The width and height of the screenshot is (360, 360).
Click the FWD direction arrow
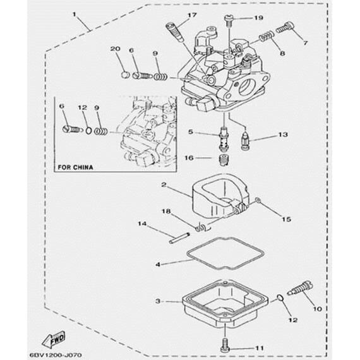coord(54,340)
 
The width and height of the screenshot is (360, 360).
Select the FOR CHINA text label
coord(75,167)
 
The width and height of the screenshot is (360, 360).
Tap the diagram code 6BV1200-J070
coord(56,355)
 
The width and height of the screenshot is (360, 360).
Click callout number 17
coord(192,15)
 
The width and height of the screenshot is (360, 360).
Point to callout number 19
coord(258,18)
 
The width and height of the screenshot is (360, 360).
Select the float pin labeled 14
coord(179,238)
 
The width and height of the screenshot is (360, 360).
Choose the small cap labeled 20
coord(125,75)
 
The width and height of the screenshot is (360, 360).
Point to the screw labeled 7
coord(285,27)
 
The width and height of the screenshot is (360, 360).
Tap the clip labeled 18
coord(201,227)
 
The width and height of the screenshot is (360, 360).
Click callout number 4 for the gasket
coord(158,265)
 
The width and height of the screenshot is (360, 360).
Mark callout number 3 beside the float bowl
coord(158,301)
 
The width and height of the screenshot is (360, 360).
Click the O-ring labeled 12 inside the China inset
coord(88,131)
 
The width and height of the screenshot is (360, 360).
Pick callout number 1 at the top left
coord(74,15)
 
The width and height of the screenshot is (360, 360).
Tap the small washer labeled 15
coord(258,201)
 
